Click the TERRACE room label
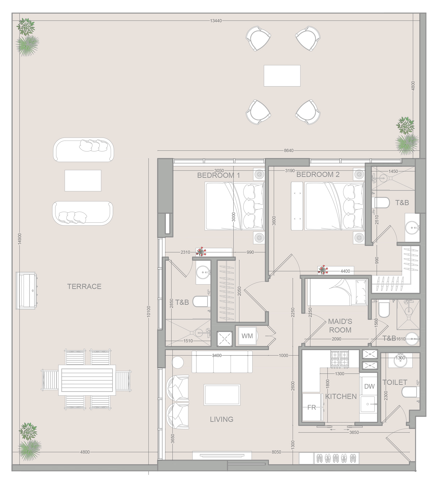click(84, 286)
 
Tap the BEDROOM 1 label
click(218, 175)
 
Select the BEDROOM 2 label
click(318, 175)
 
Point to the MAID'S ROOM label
click(340, 326)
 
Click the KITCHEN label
click(341, 397)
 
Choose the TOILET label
click(395, 382)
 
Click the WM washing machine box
click(247, 336)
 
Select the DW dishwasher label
click(369, 386)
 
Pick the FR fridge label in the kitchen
click(312, 407)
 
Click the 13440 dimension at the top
click(216, 21)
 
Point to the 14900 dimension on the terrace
click(20, 239)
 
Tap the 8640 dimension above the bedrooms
click(289, 151)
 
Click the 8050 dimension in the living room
click(276, 452)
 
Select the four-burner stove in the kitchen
click(340, 358)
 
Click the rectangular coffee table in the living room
click(222, 395)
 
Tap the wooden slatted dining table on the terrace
click(87, 380)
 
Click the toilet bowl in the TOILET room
click(409, 392)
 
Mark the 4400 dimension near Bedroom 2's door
click(345, 271)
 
